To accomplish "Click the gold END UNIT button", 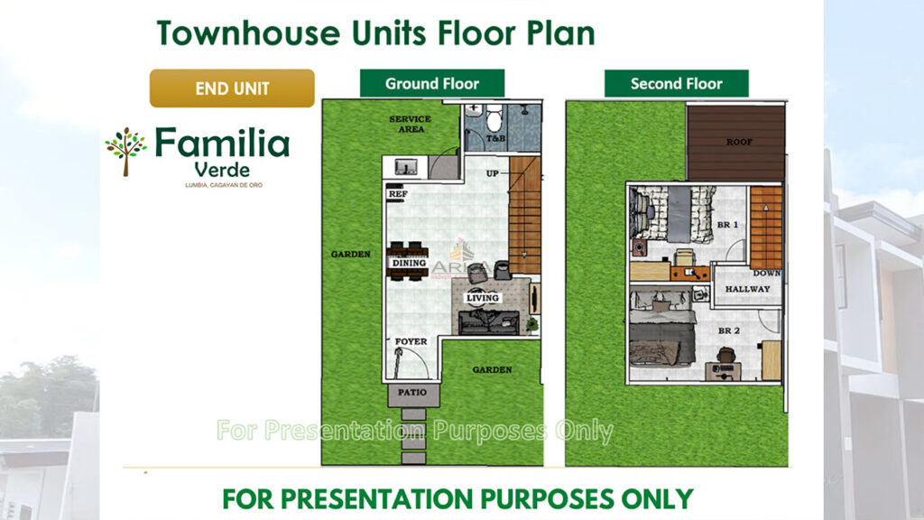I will pos(232,88).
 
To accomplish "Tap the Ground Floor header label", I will pos(432,83).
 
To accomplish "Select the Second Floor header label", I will pos(676,84).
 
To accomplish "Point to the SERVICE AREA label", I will pos(410,124).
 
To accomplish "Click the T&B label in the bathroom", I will pos(495,139).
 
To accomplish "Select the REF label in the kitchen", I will pos(396,193).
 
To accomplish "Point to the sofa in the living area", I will pos(488,322).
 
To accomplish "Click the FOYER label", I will pos(411,341).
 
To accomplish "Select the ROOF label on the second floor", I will pos(739,142).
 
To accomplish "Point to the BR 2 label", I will pos(729,330).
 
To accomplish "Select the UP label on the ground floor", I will pos(493,173).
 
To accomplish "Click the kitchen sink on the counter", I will pos(405,167).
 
